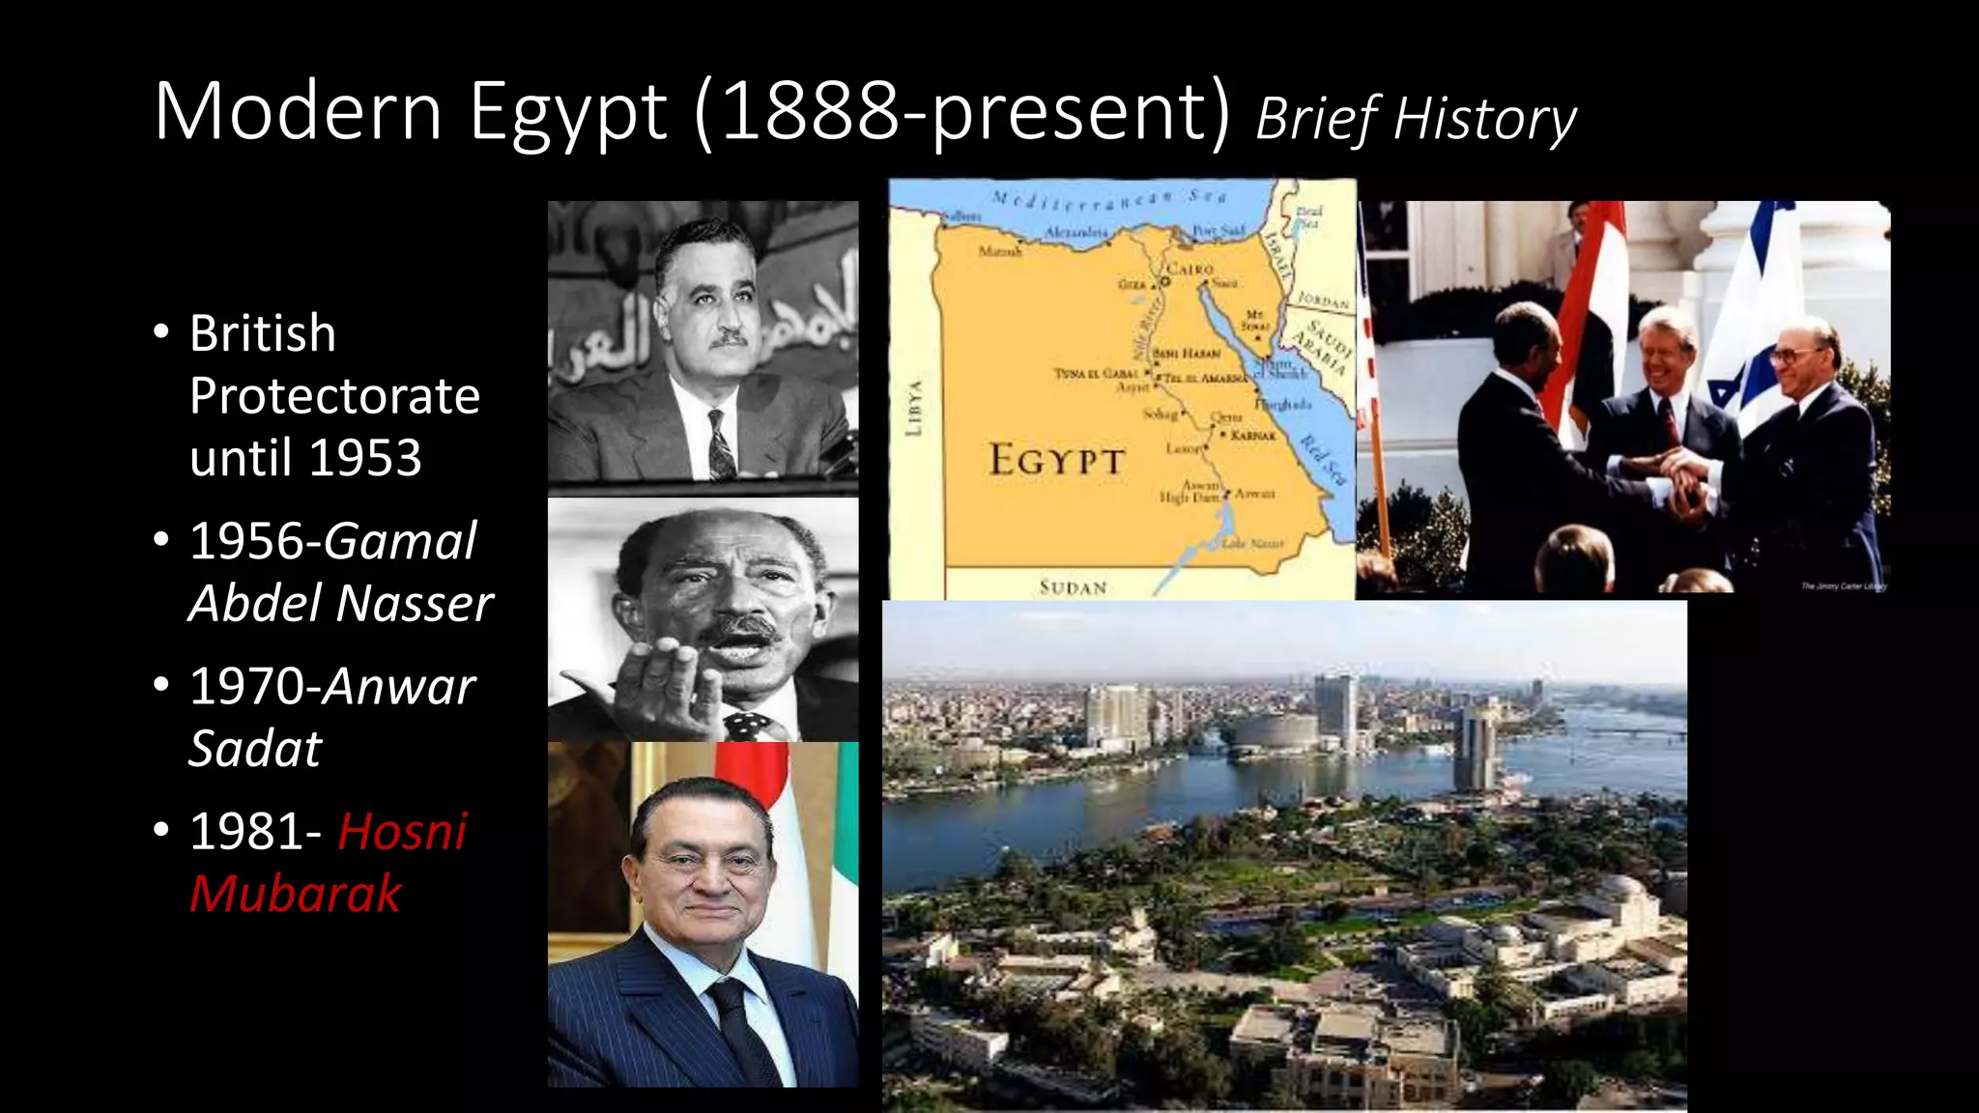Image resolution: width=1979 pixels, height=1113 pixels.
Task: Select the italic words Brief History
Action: [1416, 120]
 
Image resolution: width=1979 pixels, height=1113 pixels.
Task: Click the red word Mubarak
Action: [295, 893]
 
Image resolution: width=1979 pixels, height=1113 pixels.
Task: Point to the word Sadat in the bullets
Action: [254, 749]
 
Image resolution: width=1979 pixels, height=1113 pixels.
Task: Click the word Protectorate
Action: [334, 396]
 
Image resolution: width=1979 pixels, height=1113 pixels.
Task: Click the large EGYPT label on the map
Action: [1056, 460]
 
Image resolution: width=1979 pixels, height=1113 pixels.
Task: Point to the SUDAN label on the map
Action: [1073, 587]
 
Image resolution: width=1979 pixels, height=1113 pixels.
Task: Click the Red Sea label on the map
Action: [1322, 460]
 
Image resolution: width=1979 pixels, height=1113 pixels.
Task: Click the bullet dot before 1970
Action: [161, 685]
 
